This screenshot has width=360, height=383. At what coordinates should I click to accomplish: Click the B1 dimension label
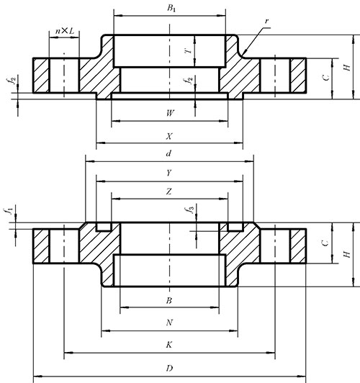tap(171, 8)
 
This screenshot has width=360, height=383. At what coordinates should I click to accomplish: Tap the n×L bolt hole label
tap(65, 31)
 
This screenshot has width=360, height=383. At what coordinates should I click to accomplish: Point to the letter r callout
tap(266, 22)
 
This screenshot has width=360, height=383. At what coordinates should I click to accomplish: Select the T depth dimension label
tap(189, 51)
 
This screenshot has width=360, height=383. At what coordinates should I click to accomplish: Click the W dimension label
tap(170, 113)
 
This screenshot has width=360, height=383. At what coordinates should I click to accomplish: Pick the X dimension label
tap(169, 136)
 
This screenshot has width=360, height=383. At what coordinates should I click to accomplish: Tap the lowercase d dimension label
tap(168, 153)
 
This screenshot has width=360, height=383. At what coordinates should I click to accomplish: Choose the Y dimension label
tap(169, 173)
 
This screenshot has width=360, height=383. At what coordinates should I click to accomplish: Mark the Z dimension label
tap(169, 191)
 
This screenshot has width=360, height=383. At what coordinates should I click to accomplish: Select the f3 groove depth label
tap(190, 209)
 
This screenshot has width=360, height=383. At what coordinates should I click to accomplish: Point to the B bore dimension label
tap(169, 301)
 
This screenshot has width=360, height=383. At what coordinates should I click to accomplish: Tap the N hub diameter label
tap(169, 323)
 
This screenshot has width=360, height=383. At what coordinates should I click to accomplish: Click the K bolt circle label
tap(169, 345)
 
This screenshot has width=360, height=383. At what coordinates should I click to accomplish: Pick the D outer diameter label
tap(169, 368)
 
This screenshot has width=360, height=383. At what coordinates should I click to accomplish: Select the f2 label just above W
tap(189, 80)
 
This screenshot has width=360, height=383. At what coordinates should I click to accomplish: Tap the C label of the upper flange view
tap(326, 78)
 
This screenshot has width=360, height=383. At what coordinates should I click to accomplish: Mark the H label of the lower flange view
tap(347, 254)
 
